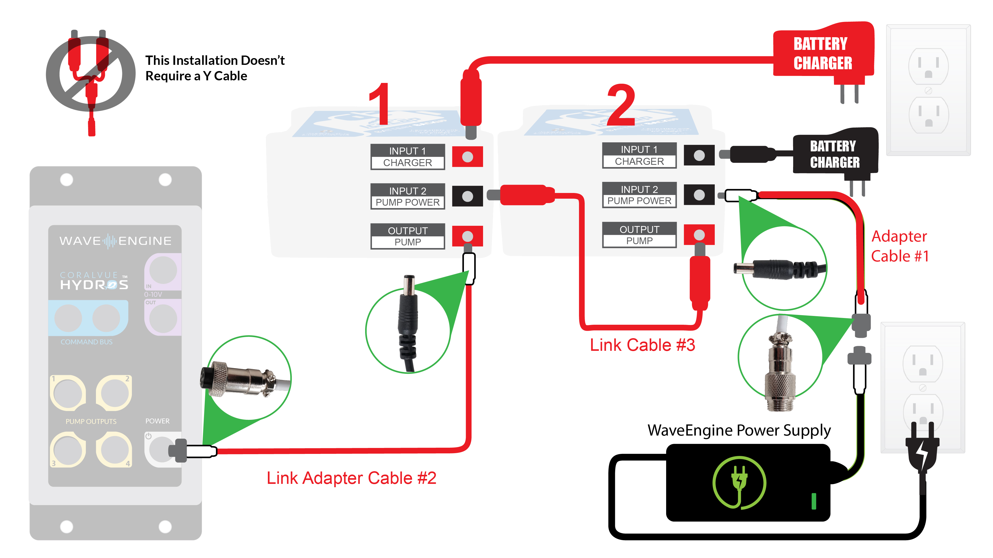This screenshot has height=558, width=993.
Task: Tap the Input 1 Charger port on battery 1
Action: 467,157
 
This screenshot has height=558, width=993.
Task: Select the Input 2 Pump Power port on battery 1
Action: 467,196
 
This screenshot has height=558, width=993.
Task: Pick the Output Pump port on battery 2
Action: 699,235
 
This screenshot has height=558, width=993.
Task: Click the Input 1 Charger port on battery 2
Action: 699,156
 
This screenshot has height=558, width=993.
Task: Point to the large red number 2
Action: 621,105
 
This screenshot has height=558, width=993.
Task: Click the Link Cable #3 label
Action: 642,345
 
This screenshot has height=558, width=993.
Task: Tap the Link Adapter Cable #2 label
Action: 351,478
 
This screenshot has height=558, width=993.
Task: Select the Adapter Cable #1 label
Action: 899,246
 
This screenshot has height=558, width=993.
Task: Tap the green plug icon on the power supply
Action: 739,483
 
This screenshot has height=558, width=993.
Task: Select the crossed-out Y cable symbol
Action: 91,75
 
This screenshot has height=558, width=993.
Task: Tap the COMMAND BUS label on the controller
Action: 86,342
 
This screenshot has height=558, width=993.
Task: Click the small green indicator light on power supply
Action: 814,501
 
